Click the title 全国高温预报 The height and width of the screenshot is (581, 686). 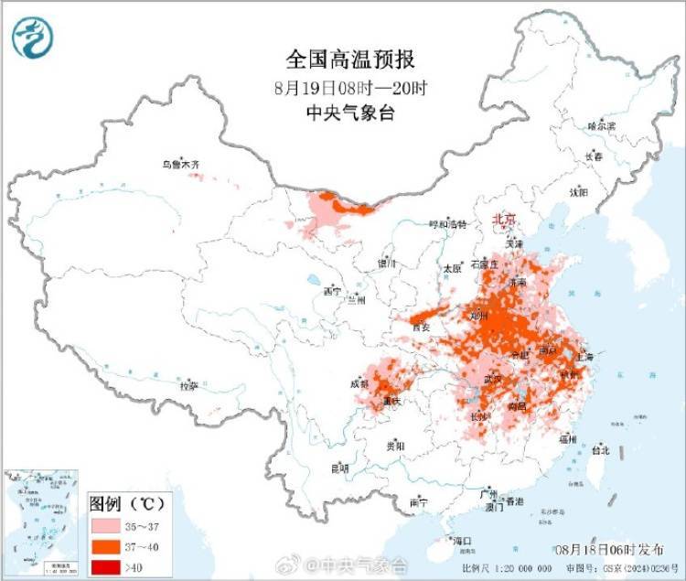tap(351, 59)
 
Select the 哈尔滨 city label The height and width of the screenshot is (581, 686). tap(602, 125)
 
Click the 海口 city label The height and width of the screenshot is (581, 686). tap(462, 541)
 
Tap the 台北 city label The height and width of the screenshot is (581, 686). tap(601, 450)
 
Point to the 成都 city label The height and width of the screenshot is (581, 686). tap(359, 385)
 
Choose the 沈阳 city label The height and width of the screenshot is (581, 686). tap(579, 192)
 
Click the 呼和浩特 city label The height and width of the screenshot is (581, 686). tap(448, 223)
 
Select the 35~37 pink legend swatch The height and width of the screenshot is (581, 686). tap(107, 527)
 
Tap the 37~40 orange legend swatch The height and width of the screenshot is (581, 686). tap(107, 546)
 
